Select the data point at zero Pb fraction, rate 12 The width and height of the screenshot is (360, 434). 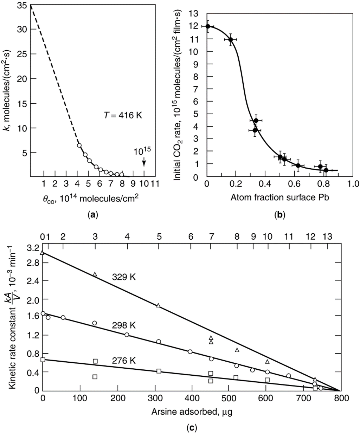tap(208, 26)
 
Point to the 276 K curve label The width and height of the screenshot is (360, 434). tap(124, 361)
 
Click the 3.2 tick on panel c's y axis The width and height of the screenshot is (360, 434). tap(33, 248)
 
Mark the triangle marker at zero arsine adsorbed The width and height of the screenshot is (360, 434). tap(43, 253)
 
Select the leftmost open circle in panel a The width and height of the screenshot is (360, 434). tap(79, 145)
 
